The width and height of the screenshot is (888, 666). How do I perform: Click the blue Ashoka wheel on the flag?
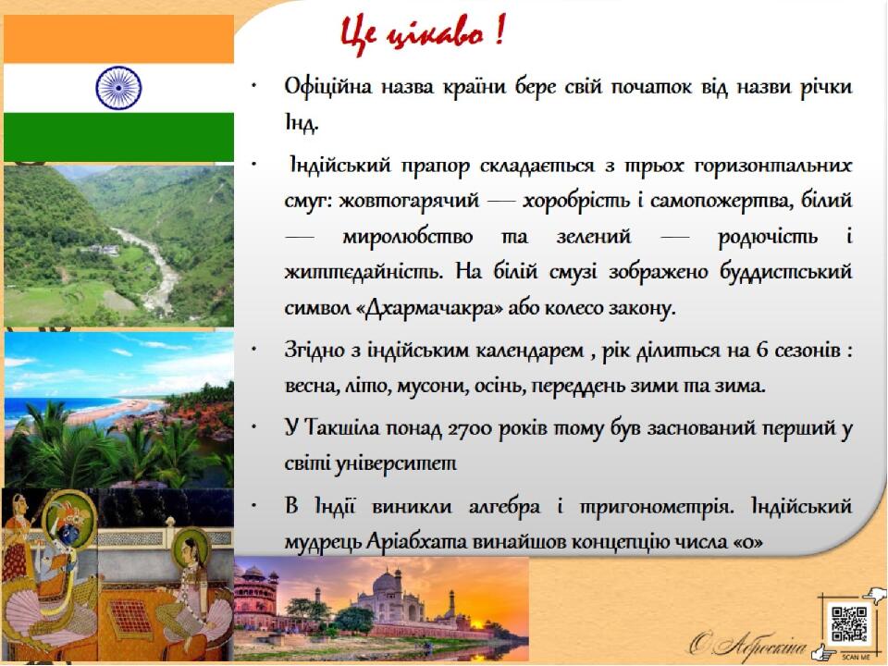118,88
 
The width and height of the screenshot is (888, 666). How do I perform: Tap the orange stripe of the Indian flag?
118,39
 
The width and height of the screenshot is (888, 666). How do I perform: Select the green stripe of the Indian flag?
118,137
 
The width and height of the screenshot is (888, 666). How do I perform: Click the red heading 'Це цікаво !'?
422,34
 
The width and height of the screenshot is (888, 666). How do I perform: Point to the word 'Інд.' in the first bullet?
302,121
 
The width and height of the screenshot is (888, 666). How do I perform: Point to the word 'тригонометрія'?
657,506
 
